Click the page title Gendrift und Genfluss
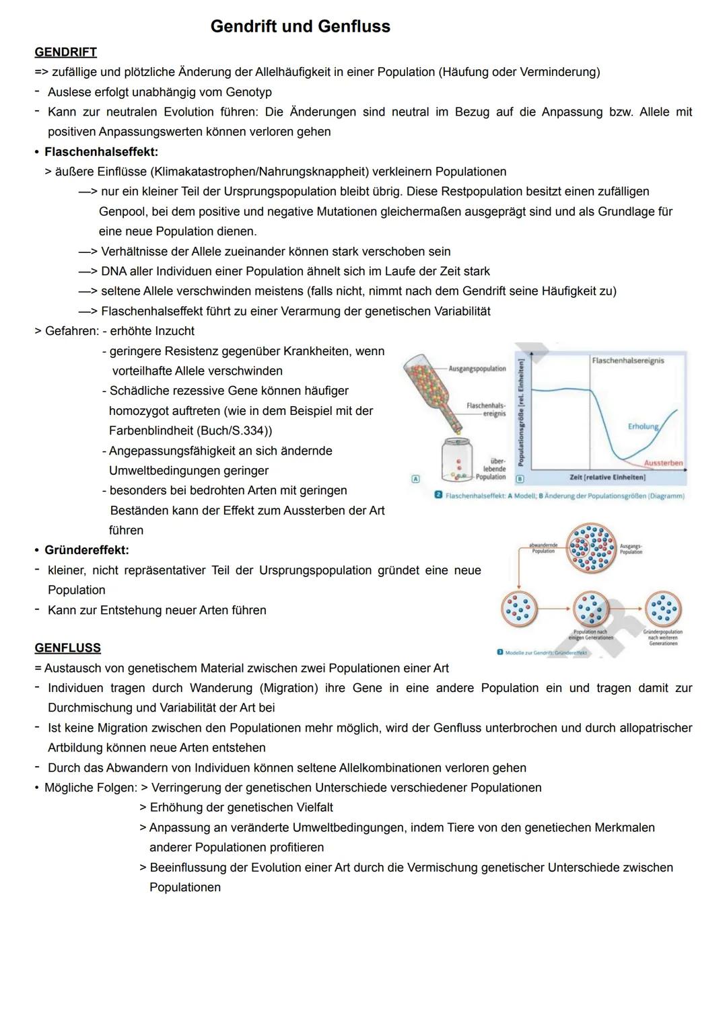(300, 27)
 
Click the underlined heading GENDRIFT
(65, 52)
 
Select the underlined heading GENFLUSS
(67, 648)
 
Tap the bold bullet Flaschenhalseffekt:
(101, 152)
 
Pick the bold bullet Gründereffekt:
(86, 550)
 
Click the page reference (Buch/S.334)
(235, 430)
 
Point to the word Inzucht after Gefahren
(172, 331)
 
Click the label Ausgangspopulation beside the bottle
(477, 369)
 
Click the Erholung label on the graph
(643, 427)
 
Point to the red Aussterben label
(663, 463)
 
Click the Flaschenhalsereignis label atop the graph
(627, 360)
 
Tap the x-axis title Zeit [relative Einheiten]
(607, 477)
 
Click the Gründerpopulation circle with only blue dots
(663, 609)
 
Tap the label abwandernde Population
(543, 548)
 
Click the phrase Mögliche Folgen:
(91, 788)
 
